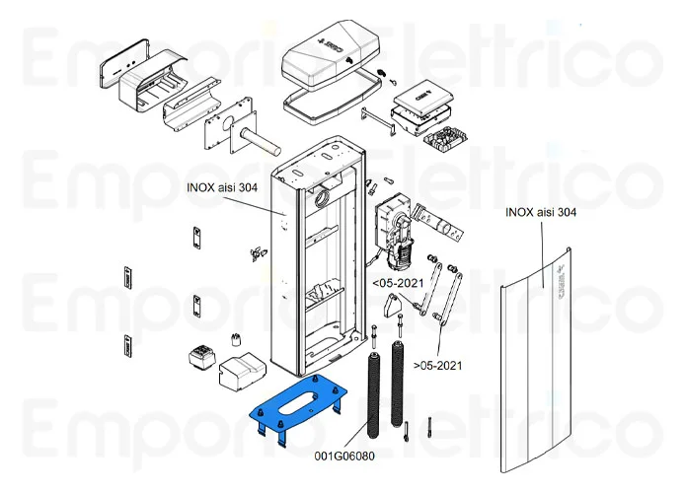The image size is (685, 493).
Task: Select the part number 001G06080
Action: (345, 456)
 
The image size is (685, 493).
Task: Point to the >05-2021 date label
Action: (436, 365)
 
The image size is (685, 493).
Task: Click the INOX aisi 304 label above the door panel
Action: (540, 212)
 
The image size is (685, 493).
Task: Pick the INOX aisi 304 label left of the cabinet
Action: (221, 186)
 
